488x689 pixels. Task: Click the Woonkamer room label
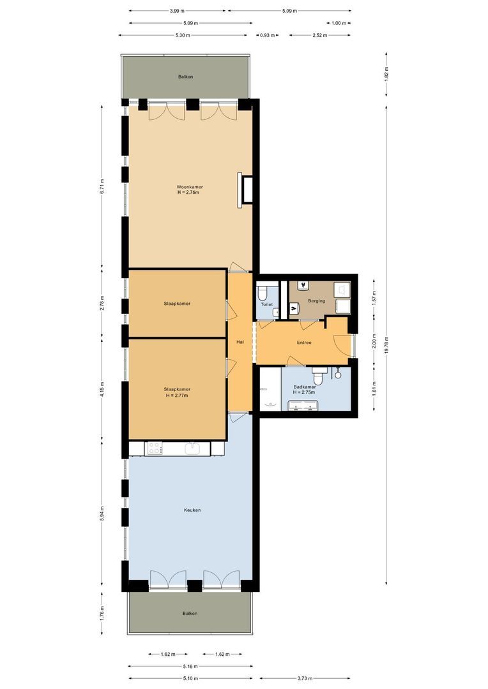pyautogui.click(x=190, y=188)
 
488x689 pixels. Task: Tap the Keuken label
pyautogui.click(x=192, y=510)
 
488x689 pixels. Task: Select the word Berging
pyautogui.click(x=316, y=301)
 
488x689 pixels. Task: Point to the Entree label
pyautogui.click(x=304, y=343)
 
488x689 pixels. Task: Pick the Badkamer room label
pyautogui.click(x=304, y=387)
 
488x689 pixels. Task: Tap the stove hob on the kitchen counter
pyautogui.click(x=154, y=449)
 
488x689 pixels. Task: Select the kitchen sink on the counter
pyautogui.click(x=194, y=449)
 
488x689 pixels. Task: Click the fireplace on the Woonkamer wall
pyautogui.click(x=245, y=189)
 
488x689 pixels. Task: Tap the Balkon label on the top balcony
pyautogui.click(x=185, y=77)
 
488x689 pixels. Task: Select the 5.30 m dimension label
pyautogui.click(x=182, y=36)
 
